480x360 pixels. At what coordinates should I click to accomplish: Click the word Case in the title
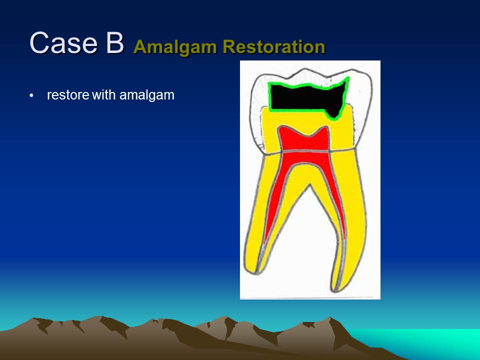click(x=63, y=43)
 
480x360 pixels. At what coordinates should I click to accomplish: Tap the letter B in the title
click(x=115, y=43)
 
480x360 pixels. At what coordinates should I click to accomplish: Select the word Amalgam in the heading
click(x=175, y=47)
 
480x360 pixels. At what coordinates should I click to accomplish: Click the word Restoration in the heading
click(x=273, y=46)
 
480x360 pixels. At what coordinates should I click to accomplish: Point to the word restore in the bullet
click(x=68, y=95)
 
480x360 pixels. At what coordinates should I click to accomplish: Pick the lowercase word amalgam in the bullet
click(x=147, y=95)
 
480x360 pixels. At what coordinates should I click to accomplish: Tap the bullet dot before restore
click(x=31, y=96)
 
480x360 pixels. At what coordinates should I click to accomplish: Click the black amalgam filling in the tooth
click(x=306, y=98)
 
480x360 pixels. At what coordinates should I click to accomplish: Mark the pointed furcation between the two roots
click(x=310, y=184)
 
